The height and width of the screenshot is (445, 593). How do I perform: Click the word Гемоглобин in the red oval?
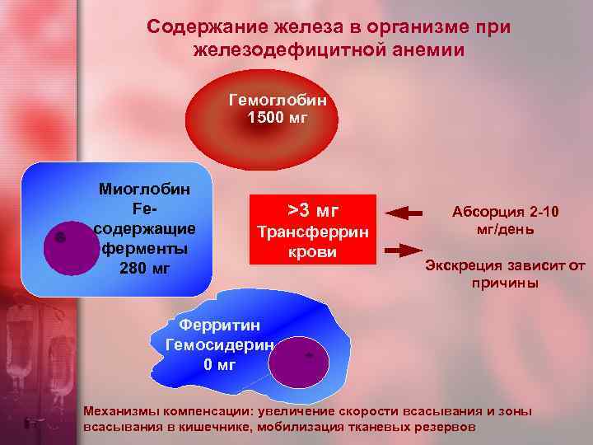(278, 100)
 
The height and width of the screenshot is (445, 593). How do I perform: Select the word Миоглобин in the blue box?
(144, 190)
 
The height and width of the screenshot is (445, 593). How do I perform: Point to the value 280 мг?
(144, 267)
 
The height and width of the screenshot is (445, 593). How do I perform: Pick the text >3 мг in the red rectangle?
(312, 209)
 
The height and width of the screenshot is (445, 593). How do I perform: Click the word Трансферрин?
(312, 232)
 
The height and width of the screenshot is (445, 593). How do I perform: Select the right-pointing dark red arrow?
(404, 249)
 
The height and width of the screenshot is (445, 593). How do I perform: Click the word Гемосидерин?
(218, 345)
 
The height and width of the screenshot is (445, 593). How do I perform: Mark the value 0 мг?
(219, 364)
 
